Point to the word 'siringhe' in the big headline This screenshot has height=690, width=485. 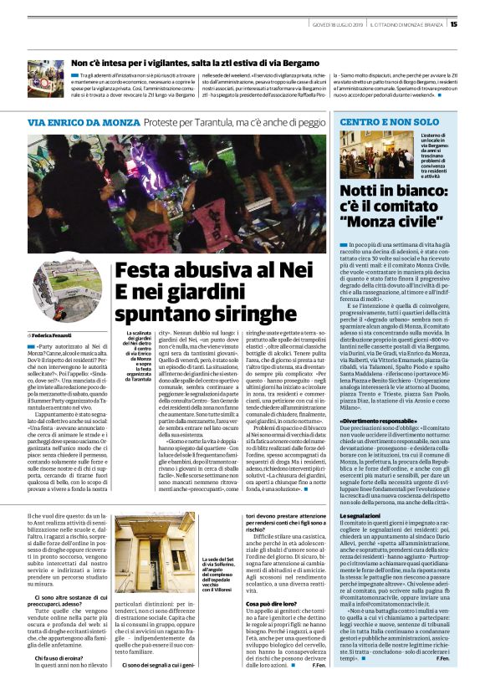click(253, 314)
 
